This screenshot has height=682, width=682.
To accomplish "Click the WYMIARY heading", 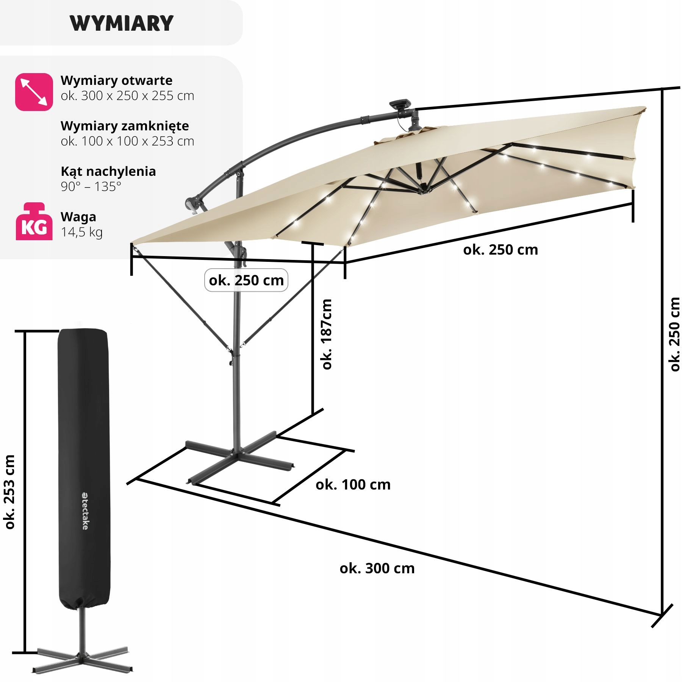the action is coord(122,23).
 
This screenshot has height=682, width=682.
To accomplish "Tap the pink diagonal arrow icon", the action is coord(34,92).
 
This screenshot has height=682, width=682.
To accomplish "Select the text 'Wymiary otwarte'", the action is coord(116,80).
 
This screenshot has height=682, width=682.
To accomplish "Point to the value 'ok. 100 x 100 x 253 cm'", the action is coord(127,141).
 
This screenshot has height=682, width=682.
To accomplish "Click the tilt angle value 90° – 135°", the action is coord(91,186).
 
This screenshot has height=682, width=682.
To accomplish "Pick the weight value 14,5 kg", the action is coord(81,232).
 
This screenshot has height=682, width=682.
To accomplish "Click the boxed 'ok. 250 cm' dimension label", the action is coord(246,280).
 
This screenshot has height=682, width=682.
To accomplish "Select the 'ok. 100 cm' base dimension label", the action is coord(353,485).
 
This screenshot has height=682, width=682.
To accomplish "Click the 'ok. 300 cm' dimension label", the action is coord(377,568).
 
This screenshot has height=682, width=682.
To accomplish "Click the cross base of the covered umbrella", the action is coord(81,657).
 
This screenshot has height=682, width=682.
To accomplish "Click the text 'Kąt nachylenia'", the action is coord(108,171).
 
